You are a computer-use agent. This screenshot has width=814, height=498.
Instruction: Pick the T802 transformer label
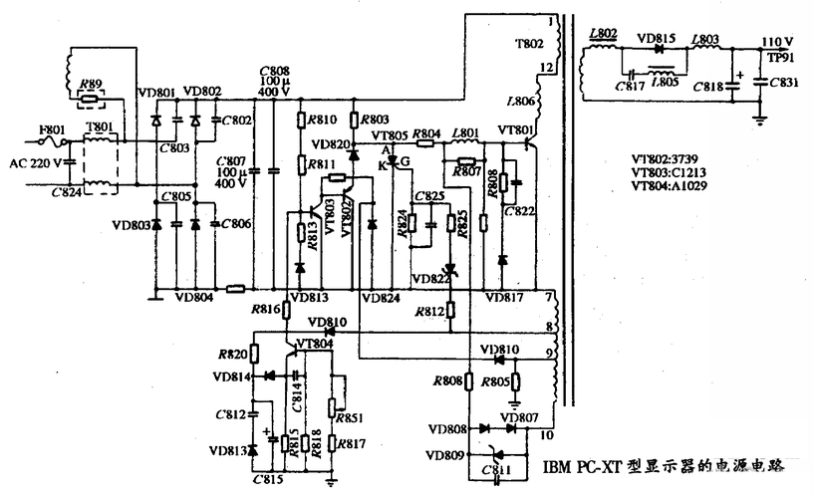point(529,44)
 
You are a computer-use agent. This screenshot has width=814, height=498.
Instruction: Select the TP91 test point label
point(778,57)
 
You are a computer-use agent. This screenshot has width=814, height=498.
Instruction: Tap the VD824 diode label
point(379,298)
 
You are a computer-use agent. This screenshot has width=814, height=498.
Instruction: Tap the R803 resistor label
point(376,119)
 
